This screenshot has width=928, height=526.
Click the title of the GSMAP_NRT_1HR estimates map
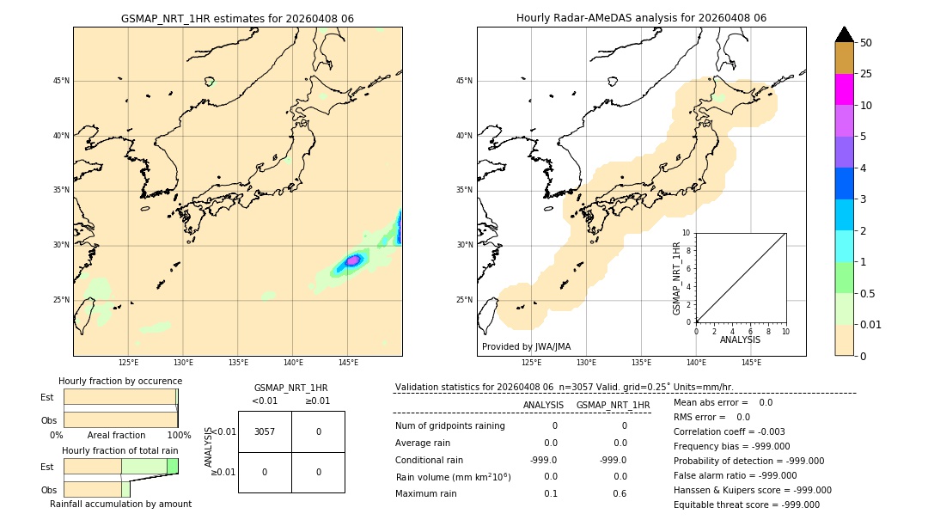click(x=237, y=18)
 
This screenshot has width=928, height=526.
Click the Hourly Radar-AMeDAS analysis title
click(x=641, y=18)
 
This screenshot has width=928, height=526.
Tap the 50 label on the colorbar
click(x=866, y=42)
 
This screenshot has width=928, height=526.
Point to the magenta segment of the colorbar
click(x=844, y=89)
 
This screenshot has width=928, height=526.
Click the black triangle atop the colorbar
click(x=844, y=34)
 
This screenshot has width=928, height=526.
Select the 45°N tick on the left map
click(x=61, y=81)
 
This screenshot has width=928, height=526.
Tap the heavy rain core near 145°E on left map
click(x=352, y=260)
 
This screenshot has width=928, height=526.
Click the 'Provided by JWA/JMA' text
click(x=526, y=347)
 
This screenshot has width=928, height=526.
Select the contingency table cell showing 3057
click(x=265, y=431)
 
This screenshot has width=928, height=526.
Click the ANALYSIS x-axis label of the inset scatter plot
click(x=740, y=340)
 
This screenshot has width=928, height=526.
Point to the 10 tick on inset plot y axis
click(x=687, y=233)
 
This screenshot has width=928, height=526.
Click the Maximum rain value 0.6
click(x=620, y=493)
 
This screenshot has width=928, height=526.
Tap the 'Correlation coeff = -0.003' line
click(x=729, y=431)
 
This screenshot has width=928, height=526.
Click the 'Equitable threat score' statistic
click(x=746, y=505)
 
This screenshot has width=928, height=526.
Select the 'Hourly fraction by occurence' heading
click(x=120, y=381)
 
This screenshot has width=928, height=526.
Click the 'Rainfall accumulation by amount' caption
click(x=120, y=504)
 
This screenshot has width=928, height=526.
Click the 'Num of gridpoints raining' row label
click(x=450, y=425)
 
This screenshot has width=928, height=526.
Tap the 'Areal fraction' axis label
click(x=117, y=436)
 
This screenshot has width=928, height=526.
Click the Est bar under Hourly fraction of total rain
click(x=120, y=466)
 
